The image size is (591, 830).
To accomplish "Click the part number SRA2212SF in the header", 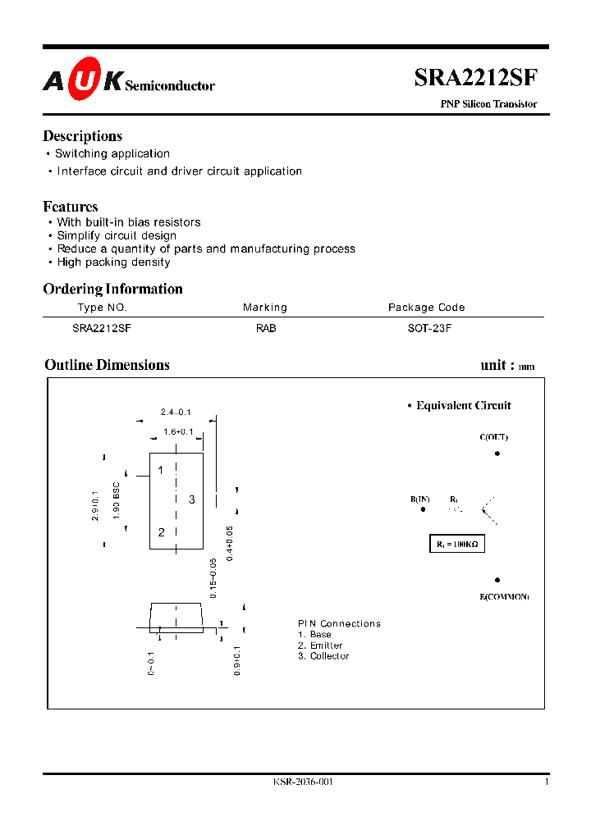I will [x=476, y=78].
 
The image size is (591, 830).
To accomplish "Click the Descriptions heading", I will [x=82, y=136].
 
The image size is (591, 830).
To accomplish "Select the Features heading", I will [x=70, y=207].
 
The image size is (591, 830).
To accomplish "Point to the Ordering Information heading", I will [x=112, y=289].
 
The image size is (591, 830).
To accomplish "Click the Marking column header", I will [x=265, y=308].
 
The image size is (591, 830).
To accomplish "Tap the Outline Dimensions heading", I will [x=107, y=365].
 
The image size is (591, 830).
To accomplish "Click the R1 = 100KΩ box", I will [x=458, y=544].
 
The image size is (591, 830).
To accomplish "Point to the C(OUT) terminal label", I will [x=493, y=437].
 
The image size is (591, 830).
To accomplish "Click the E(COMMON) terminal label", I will [x=504, y=596].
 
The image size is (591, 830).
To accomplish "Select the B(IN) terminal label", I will [x=420, y=499].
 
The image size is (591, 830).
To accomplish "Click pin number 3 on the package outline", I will [x=191, y=499].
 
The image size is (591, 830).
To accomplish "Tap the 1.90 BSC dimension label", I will [x=117, y=499].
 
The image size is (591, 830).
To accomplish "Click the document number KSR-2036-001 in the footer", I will [x=303, y=782].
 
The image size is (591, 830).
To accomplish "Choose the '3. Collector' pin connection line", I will [x=323, y=656].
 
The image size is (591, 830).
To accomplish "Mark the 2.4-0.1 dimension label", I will [x=176, y=412].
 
